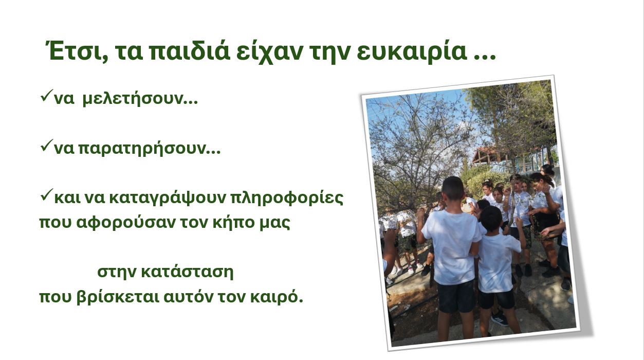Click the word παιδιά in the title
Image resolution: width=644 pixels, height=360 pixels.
190,52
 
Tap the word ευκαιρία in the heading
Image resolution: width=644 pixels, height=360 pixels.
412,52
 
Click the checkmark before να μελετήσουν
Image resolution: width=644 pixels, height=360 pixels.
47,95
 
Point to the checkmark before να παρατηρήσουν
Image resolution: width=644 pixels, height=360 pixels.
47,146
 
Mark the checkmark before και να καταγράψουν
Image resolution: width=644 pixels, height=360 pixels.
47,195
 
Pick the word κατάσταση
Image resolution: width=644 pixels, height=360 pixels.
187,272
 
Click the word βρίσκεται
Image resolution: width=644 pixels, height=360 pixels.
118,298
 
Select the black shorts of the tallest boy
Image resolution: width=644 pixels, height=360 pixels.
456,296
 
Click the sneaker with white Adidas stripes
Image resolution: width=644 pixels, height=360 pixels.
500,319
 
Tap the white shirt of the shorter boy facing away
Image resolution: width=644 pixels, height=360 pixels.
498,262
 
